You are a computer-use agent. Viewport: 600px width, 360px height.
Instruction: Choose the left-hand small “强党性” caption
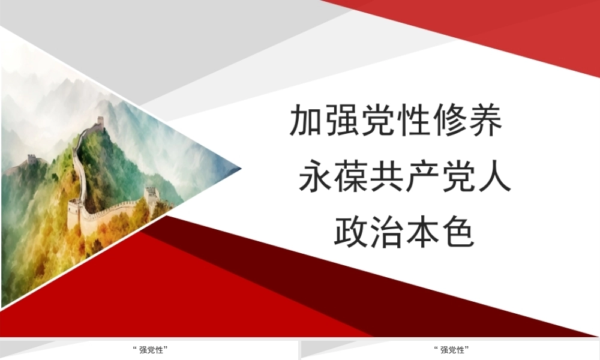pos(151,350)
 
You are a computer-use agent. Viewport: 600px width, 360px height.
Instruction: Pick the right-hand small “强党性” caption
pos(452,350)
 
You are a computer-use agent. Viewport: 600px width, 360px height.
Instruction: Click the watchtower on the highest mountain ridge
pos(100,121)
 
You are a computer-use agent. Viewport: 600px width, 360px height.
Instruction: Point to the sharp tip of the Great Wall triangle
pos(241,168)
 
